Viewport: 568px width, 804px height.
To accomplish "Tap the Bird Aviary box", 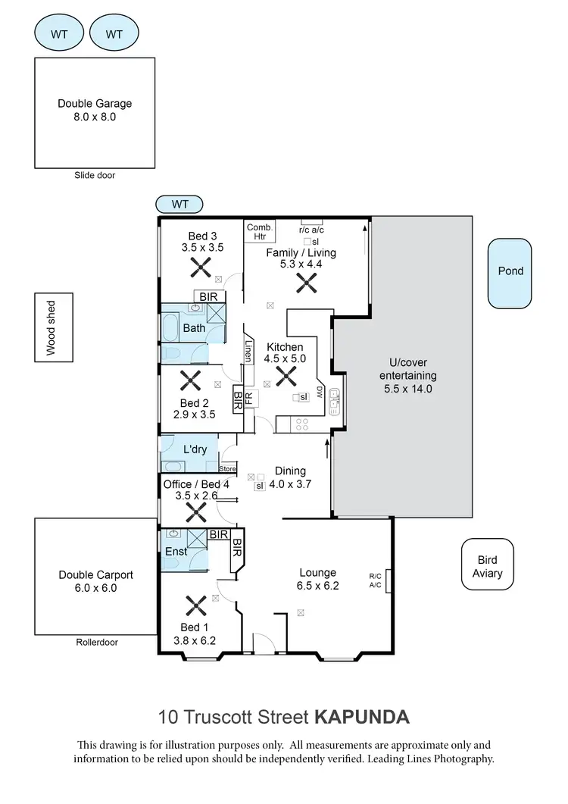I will [x=487, y=564].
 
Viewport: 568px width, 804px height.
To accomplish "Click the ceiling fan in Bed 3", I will [x=201, y=266].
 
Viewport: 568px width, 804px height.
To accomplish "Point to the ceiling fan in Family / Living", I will [x=306, y=283].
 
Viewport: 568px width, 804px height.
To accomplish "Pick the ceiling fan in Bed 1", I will [x=196, y=605].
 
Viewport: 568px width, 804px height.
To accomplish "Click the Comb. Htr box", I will [x=259, y=231].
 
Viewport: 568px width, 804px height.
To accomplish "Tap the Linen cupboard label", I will [x=248, y=350].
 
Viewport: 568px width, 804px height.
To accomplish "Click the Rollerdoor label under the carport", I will [x=96, y=642].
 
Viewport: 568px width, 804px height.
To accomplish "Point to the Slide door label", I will [x=95, y=175].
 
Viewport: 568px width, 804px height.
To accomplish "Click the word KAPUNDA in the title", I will [x=361, y=716].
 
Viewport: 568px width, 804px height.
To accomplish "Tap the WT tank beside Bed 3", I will [x=179, y=204].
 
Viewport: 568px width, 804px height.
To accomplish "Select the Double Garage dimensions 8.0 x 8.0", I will [x=95, y=117].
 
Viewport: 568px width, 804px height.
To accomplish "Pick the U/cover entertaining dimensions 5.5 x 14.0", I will [x=407, y=389].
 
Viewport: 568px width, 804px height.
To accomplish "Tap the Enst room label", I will [x=176, y=552].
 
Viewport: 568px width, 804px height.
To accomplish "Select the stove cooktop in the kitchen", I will [x=302, y=424].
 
